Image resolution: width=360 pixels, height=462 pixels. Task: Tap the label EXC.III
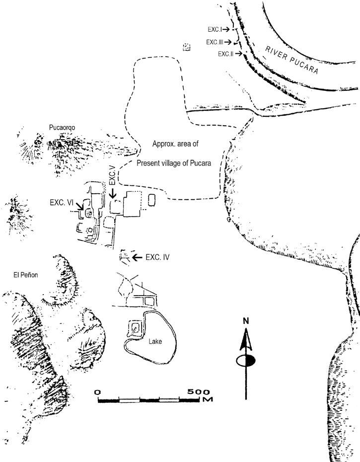(x=217, y=42)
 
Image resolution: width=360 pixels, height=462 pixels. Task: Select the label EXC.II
(x=225, y=54)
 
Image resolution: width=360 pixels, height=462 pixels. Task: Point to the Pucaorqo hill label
(x=62, y=128)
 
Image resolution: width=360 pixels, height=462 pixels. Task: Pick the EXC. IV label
(x=158, y=257)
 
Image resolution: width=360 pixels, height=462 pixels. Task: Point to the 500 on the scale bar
(x=199, y=392)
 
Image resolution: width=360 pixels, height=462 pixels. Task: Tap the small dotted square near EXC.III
(x=187, y=47)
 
